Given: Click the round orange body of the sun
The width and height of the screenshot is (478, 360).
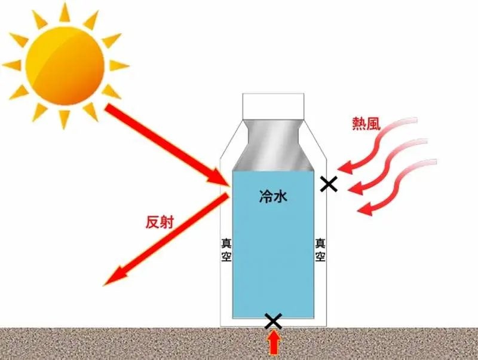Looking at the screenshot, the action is coord(65,66).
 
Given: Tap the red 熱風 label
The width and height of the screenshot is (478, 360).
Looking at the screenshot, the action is coord(366,124).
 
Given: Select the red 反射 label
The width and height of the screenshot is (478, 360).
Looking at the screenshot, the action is coord(160,222).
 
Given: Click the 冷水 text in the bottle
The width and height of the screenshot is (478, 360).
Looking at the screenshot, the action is coord(273,197).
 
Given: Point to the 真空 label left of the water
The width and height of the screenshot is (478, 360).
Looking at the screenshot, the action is coord(226,250).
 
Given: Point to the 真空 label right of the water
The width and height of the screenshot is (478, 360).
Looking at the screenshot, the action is coord(320,250).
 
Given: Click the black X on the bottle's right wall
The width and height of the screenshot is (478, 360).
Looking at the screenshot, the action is coord(329,184).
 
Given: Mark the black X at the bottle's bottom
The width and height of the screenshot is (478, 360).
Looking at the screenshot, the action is coord(274,321).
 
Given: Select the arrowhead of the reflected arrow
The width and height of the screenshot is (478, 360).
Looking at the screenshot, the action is coord(116,277).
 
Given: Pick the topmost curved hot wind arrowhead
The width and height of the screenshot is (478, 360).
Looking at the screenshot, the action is coord(345,168).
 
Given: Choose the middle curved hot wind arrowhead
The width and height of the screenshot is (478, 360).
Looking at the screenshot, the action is coord(356,188).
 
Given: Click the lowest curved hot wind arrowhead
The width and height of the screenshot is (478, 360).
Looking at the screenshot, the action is coord(365,209).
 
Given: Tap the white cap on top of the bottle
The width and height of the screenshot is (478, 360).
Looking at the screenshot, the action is coord(273,106).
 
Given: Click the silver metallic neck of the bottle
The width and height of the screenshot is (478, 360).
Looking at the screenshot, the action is coord(273,145).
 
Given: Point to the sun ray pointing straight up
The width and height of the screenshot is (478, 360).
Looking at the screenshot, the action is coord(65,12).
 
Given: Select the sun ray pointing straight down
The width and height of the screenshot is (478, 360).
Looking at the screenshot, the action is coord(65,120).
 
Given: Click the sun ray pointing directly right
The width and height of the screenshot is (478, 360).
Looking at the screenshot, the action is coord(119,66).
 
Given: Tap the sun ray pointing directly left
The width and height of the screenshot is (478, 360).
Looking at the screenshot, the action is coord(11,66).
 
